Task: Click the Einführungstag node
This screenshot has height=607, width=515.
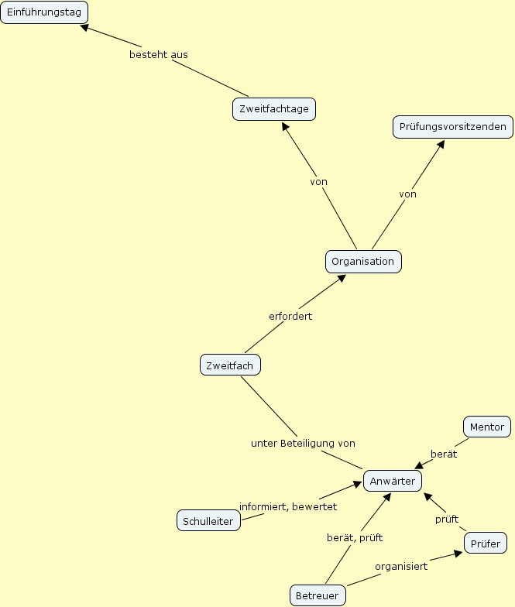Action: (44, 12)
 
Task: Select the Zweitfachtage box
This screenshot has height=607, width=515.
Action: (274, 109)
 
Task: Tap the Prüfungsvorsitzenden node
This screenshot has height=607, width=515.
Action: (453, 127)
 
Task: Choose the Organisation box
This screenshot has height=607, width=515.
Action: (363, 262)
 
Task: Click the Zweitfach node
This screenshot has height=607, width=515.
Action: (230, 365)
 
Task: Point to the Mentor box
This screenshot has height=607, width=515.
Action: (486, 427)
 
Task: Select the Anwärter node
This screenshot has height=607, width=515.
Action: (393, 481)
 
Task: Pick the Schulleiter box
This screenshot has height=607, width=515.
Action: (208, 521)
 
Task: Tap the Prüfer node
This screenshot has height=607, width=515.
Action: (486, 544)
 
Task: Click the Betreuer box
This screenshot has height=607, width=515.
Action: (318, 595)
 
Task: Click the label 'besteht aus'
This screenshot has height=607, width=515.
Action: (159, 55)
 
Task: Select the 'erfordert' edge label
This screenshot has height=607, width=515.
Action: (290, 317)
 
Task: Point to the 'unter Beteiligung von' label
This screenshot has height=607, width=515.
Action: (303, 444)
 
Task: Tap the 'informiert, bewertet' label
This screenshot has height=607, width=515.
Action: (288, 506)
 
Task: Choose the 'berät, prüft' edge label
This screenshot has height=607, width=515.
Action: (355, 537)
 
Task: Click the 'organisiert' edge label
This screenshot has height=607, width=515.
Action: (401, 566)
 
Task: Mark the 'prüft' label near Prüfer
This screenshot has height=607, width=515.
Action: (447, 519)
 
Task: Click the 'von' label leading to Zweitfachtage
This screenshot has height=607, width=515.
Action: (319, 182)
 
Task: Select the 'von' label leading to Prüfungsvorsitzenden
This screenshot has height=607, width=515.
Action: (408, 194)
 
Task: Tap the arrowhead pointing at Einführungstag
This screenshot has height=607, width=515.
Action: (84, 28)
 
